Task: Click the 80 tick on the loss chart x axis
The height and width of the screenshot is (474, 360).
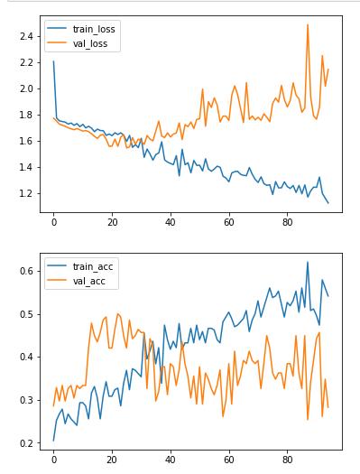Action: [287, 221]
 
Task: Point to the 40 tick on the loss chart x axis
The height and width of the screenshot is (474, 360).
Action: [171, 221]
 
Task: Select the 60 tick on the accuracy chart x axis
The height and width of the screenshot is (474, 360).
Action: [229, 460]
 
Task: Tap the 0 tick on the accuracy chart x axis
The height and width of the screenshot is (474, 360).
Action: [53, 460]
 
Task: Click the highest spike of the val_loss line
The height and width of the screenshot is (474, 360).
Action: [308, 24]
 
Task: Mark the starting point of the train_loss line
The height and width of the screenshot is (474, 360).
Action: [53, 61]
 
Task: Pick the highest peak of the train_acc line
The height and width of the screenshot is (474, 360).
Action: [308, 263]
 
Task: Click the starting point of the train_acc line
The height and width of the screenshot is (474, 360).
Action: [53, 441]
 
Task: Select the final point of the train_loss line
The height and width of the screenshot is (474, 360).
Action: [328, 203]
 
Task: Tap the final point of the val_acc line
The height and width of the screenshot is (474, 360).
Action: [328, 407]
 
